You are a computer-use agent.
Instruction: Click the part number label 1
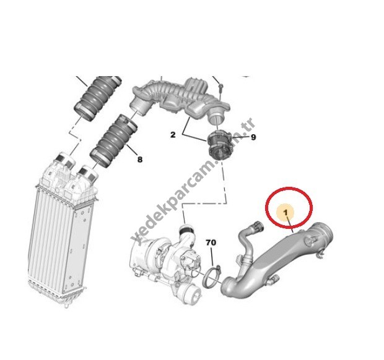tap(286, 213)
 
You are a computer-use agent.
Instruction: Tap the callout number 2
tap(173, 135)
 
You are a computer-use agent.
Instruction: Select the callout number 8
tap(140, 160)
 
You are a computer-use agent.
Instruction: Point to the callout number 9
tap(253, 137)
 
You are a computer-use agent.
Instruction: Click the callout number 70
tap(211, 242)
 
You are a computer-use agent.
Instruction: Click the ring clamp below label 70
tap(212, 276)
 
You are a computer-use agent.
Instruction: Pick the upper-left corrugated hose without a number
tap(98, 98)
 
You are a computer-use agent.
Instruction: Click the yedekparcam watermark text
tap(193, 181)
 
